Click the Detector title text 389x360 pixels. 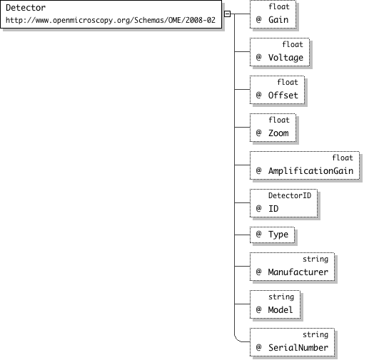click(x=26, y=8)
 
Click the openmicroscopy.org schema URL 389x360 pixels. click(x=111, y=21)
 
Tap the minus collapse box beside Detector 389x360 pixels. click(x=227, y=14)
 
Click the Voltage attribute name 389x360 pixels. click(x=286, y=57)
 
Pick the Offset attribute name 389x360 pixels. click(x=283, y=96)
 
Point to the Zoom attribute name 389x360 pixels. click(x=278, y=133)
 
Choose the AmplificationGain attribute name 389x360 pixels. click(x=310, y=171)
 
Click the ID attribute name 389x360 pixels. click(x=273, y=209)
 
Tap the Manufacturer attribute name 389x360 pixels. click(x=298, y=272)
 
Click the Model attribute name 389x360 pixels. click(x=281, y=309)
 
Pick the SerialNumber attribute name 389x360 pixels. click(x=298, y=347)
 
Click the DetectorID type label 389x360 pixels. click(x=290, y=195)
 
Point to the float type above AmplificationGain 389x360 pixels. click(x=343, y=158)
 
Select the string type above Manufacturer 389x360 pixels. click(x=315, y=259)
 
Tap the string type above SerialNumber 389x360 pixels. click(x=315, y=334)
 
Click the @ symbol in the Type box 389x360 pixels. click(x=259, y=234)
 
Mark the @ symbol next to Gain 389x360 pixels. click(x=259, y=19)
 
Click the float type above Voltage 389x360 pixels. click(x=293, y=44)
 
